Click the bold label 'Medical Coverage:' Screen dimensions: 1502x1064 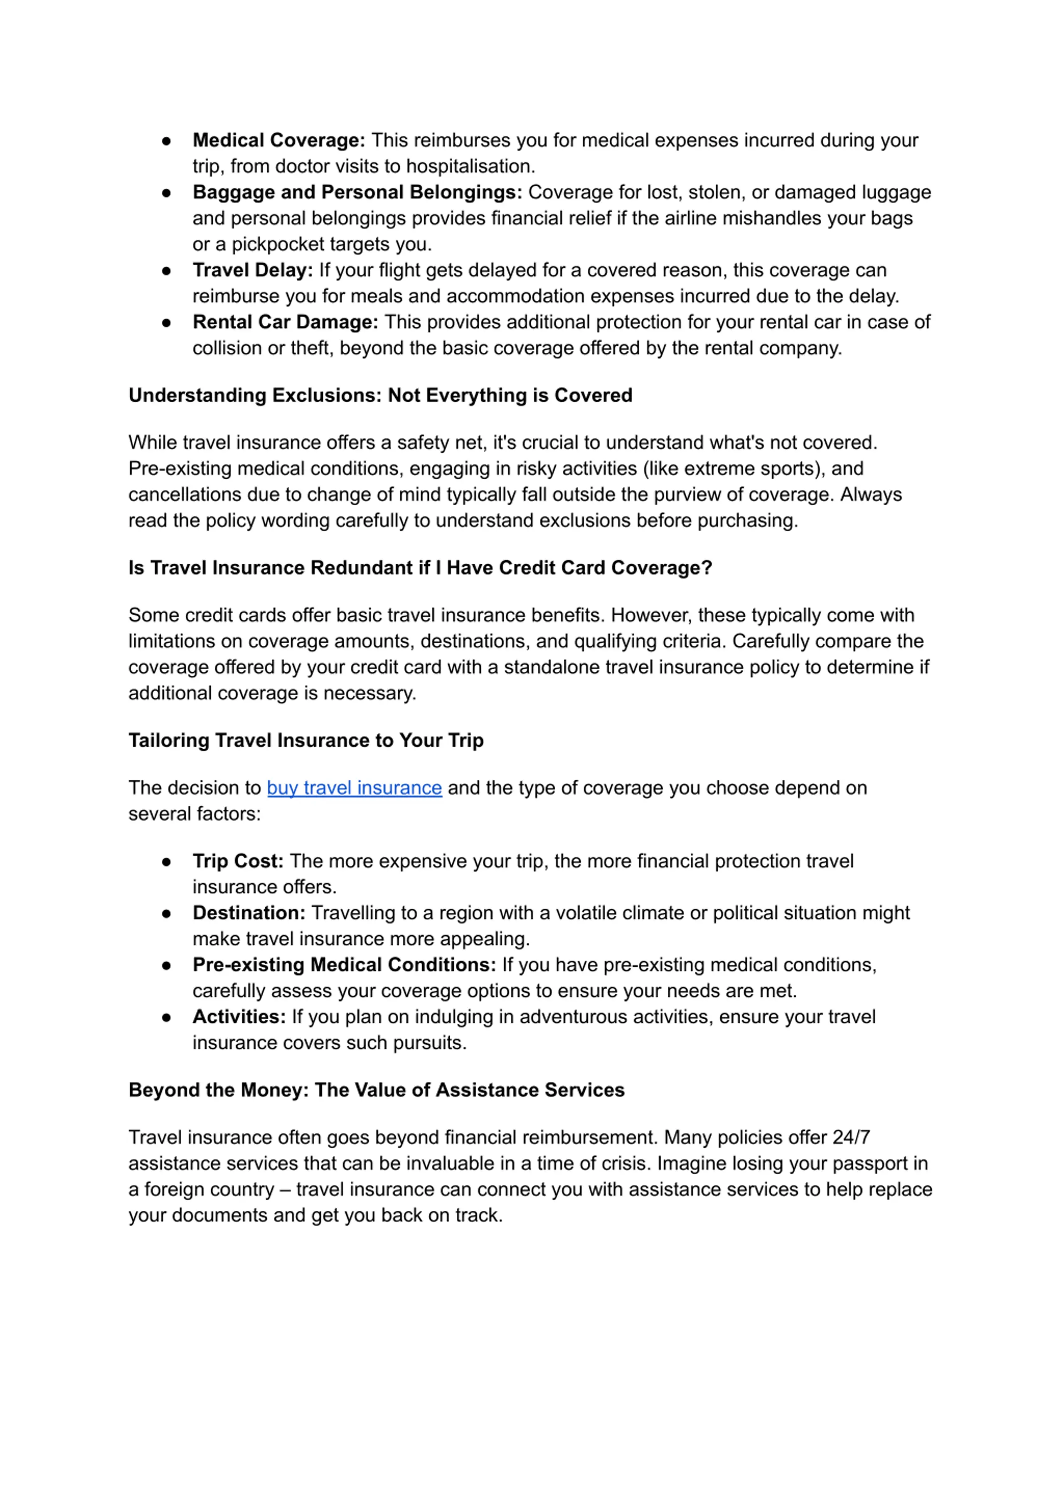[x=278, y=140]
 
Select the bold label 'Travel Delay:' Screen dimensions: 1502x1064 [x=252, y=270]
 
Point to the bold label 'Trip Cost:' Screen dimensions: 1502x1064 [x=238, y=861]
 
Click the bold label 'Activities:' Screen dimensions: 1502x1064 [x=239, y=1017]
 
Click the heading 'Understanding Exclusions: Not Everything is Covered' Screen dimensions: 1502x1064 [x=380, y=395]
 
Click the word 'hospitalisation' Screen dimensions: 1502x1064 [x=469, y=166]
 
